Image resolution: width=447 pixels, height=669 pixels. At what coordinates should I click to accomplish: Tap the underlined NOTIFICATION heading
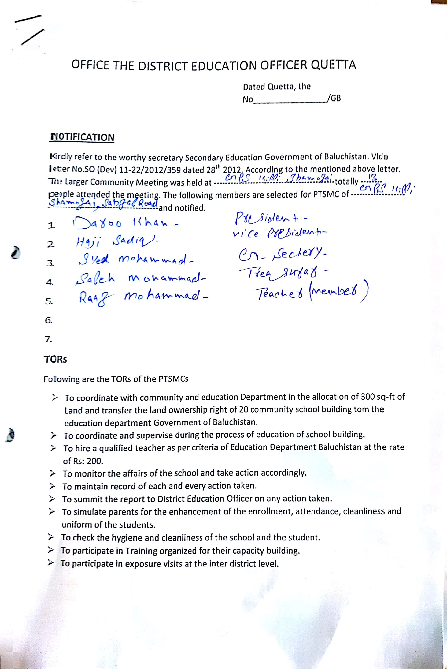[x=82, y=137]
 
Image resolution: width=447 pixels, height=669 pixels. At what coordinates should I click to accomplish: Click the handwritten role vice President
[x=279, y=233]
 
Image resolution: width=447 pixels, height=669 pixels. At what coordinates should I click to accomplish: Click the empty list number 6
[x=49, y=320]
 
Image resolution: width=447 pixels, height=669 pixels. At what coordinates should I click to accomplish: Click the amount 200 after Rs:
[x=95, y=461]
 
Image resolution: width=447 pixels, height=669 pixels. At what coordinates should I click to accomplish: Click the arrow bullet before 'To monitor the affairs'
[x=52, y=474]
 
